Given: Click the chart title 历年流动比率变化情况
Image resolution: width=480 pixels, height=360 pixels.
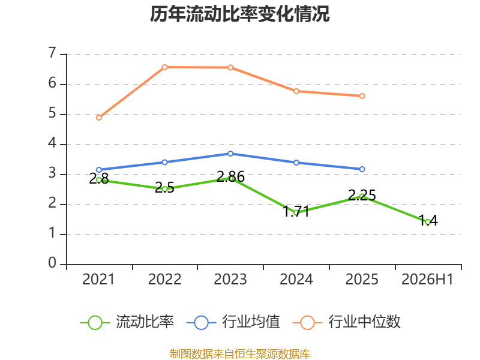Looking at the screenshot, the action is tap(239, 14).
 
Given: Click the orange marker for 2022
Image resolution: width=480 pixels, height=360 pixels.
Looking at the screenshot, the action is tap(164, 67).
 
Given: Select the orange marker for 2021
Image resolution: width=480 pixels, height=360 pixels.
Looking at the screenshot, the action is tap(99, 118).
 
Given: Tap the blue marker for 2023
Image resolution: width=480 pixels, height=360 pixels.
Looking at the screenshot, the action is tap(230, 154).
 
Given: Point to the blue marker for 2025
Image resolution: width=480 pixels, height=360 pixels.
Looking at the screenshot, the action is tap(362, 169).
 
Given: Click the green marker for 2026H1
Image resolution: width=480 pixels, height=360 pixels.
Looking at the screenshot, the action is tap(428, 222).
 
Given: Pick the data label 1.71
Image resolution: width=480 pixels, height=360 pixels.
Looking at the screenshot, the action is tap(296, 212).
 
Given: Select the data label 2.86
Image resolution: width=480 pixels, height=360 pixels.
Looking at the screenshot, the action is tap(230, 177).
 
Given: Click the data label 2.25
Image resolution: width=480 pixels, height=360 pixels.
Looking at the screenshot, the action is tap(362, 196).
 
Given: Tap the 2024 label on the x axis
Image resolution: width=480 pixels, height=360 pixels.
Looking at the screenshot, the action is tap(296, 280).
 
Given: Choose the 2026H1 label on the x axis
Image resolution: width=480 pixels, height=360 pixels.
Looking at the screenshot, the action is tap(427, 280).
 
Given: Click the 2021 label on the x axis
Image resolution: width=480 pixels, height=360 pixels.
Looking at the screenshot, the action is tap(98, 280).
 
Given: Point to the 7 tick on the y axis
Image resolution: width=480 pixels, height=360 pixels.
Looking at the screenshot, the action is tap(52, 53).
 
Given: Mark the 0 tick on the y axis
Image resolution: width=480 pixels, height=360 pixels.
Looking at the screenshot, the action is tap(52, 263).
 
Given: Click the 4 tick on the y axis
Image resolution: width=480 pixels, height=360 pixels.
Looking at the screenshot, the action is tap(52, 143).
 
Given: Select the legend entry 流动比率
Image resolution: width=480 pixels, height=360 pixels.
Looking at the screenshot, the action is tap(127, 322).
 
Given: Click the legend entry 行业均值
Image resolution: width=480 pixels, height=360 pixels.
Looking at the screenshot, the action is tap(233, 322).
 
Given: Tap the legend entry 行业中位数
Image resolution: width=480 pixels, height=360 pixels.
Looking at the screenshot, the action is tap(347, 322).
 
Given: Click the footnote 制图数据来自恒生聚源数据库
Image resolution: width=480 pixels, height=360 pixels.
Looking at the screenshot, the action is tap(239, 354).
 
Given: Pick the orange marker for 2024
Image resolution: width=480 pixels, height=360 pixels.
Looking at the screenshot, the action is tap(296, 91).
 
